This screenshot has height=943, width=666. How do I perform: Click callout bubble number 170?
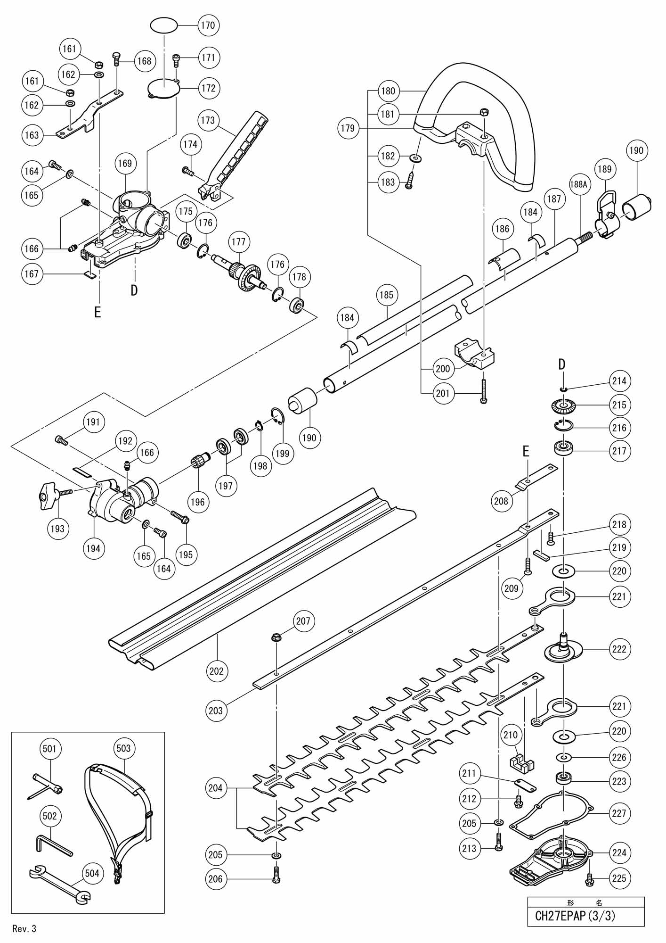(208, 25)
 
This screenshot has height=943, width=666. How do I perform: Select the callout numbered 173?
(208, 120)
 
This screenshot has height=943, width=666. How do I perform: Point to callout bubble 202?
(217, 670)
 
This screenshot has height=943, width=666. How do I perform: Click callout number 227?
(619, 813)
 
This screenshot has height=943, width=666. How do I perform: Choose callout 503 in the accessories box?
(123, 748)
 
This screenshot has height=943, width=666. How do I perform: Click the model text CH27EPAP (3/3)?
(575, 916)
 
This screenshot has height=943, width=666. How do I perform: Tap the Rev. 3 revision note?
(24, 929)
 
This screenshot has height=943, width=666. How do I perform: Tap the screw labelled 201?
(483, 391)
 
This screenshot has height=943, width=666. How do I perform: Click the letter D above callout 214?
(561, 364)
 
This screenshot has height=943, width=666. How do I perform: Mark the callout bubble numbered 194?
(93, 548)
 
